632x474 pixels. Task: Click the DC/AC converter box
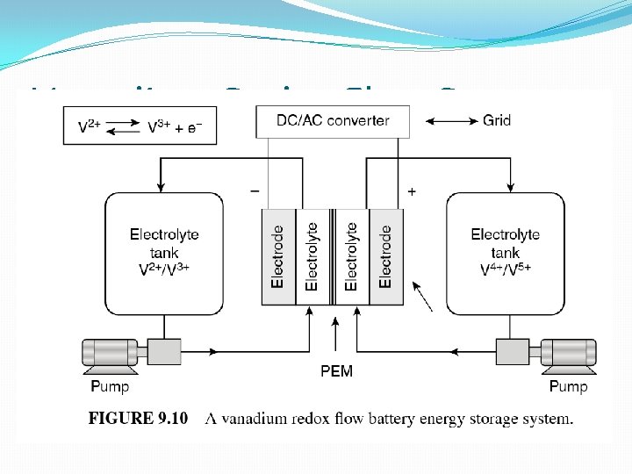point(333,121)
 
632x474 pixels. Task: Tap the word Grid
point(497,120)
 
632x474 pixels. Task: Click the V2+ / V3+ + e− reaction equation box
point(140,126)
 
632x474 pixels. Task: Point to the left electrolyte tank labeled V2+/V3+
point(164,253)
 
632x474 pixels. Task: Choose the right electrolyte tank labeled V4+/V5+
point(505,253)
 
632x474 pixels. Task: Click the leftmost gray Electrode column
point(279,257)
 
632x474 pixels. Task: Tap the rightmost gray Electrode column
point(385,257)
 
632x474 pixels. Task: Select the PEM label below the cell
point(336,371)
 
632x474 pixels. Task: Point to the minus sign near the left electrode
point(255,190)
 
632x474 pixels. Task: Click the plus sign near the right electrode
point(412,190)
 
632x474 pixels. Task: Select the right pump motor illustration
point(567,353)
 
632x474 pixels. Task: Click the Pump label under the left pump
point(110,386)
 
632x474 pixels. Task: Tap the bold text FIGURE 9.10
point(138,419)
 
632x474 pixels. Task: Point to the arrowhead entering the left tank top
point(160,185)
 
